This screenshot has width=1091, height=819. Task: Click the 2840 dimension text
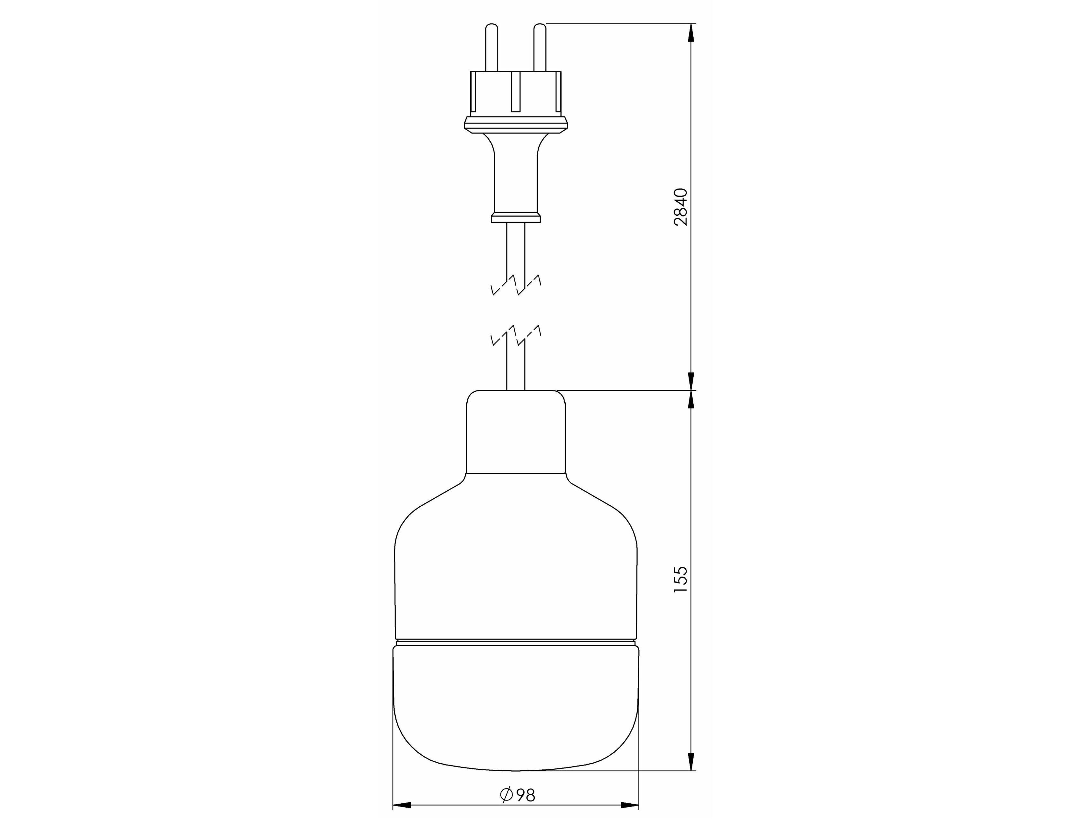(x=681, y=206)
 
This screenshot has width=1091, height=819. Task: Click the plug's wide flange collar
(x=516, y=125)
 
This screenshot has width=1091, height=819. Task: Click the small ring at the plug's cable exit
(x=516, y=218)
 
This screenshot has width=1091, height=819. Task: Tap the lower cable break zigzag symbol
(x=516, y=336)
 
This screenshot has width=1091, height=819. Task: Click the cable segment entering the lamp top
(x=516, y=370)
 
